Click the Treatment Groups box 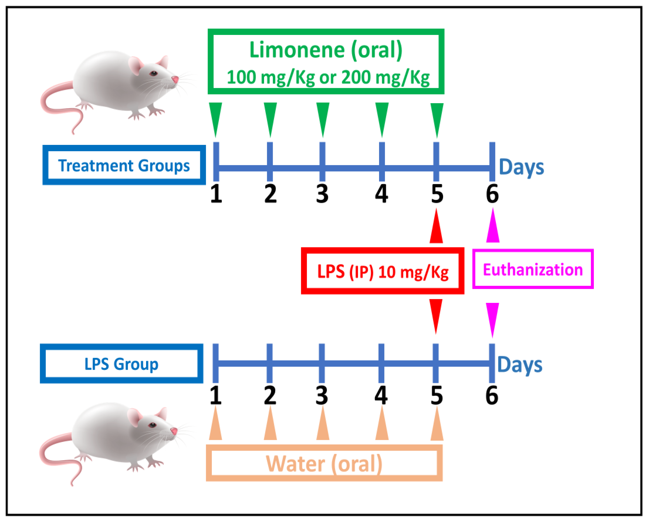pyautogui.click(x=124, y=165)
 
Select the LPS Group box pyautogui.click(x=121, y=364)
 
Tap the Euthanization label pyautogui.click(x=532, y=269)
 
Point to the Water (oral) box pyautogui.click(x=324, y=463)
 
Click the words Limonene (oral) pyautogui.click(x=326, y=50)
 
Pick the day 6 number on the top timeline pyautogui.click(x=492, y=194)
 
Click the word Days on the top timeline pyautogui.click(x=521, y=167)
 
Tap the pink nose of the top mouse pyautogui.click(x=175, y=80)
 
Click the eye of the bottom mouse pyautogui.click(x=152, y=425)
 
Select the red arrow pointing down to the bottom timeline pyautogui.click(x=436, y=314)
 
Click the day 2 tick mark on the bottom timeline pyautogui.click(x=269, y=363)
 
